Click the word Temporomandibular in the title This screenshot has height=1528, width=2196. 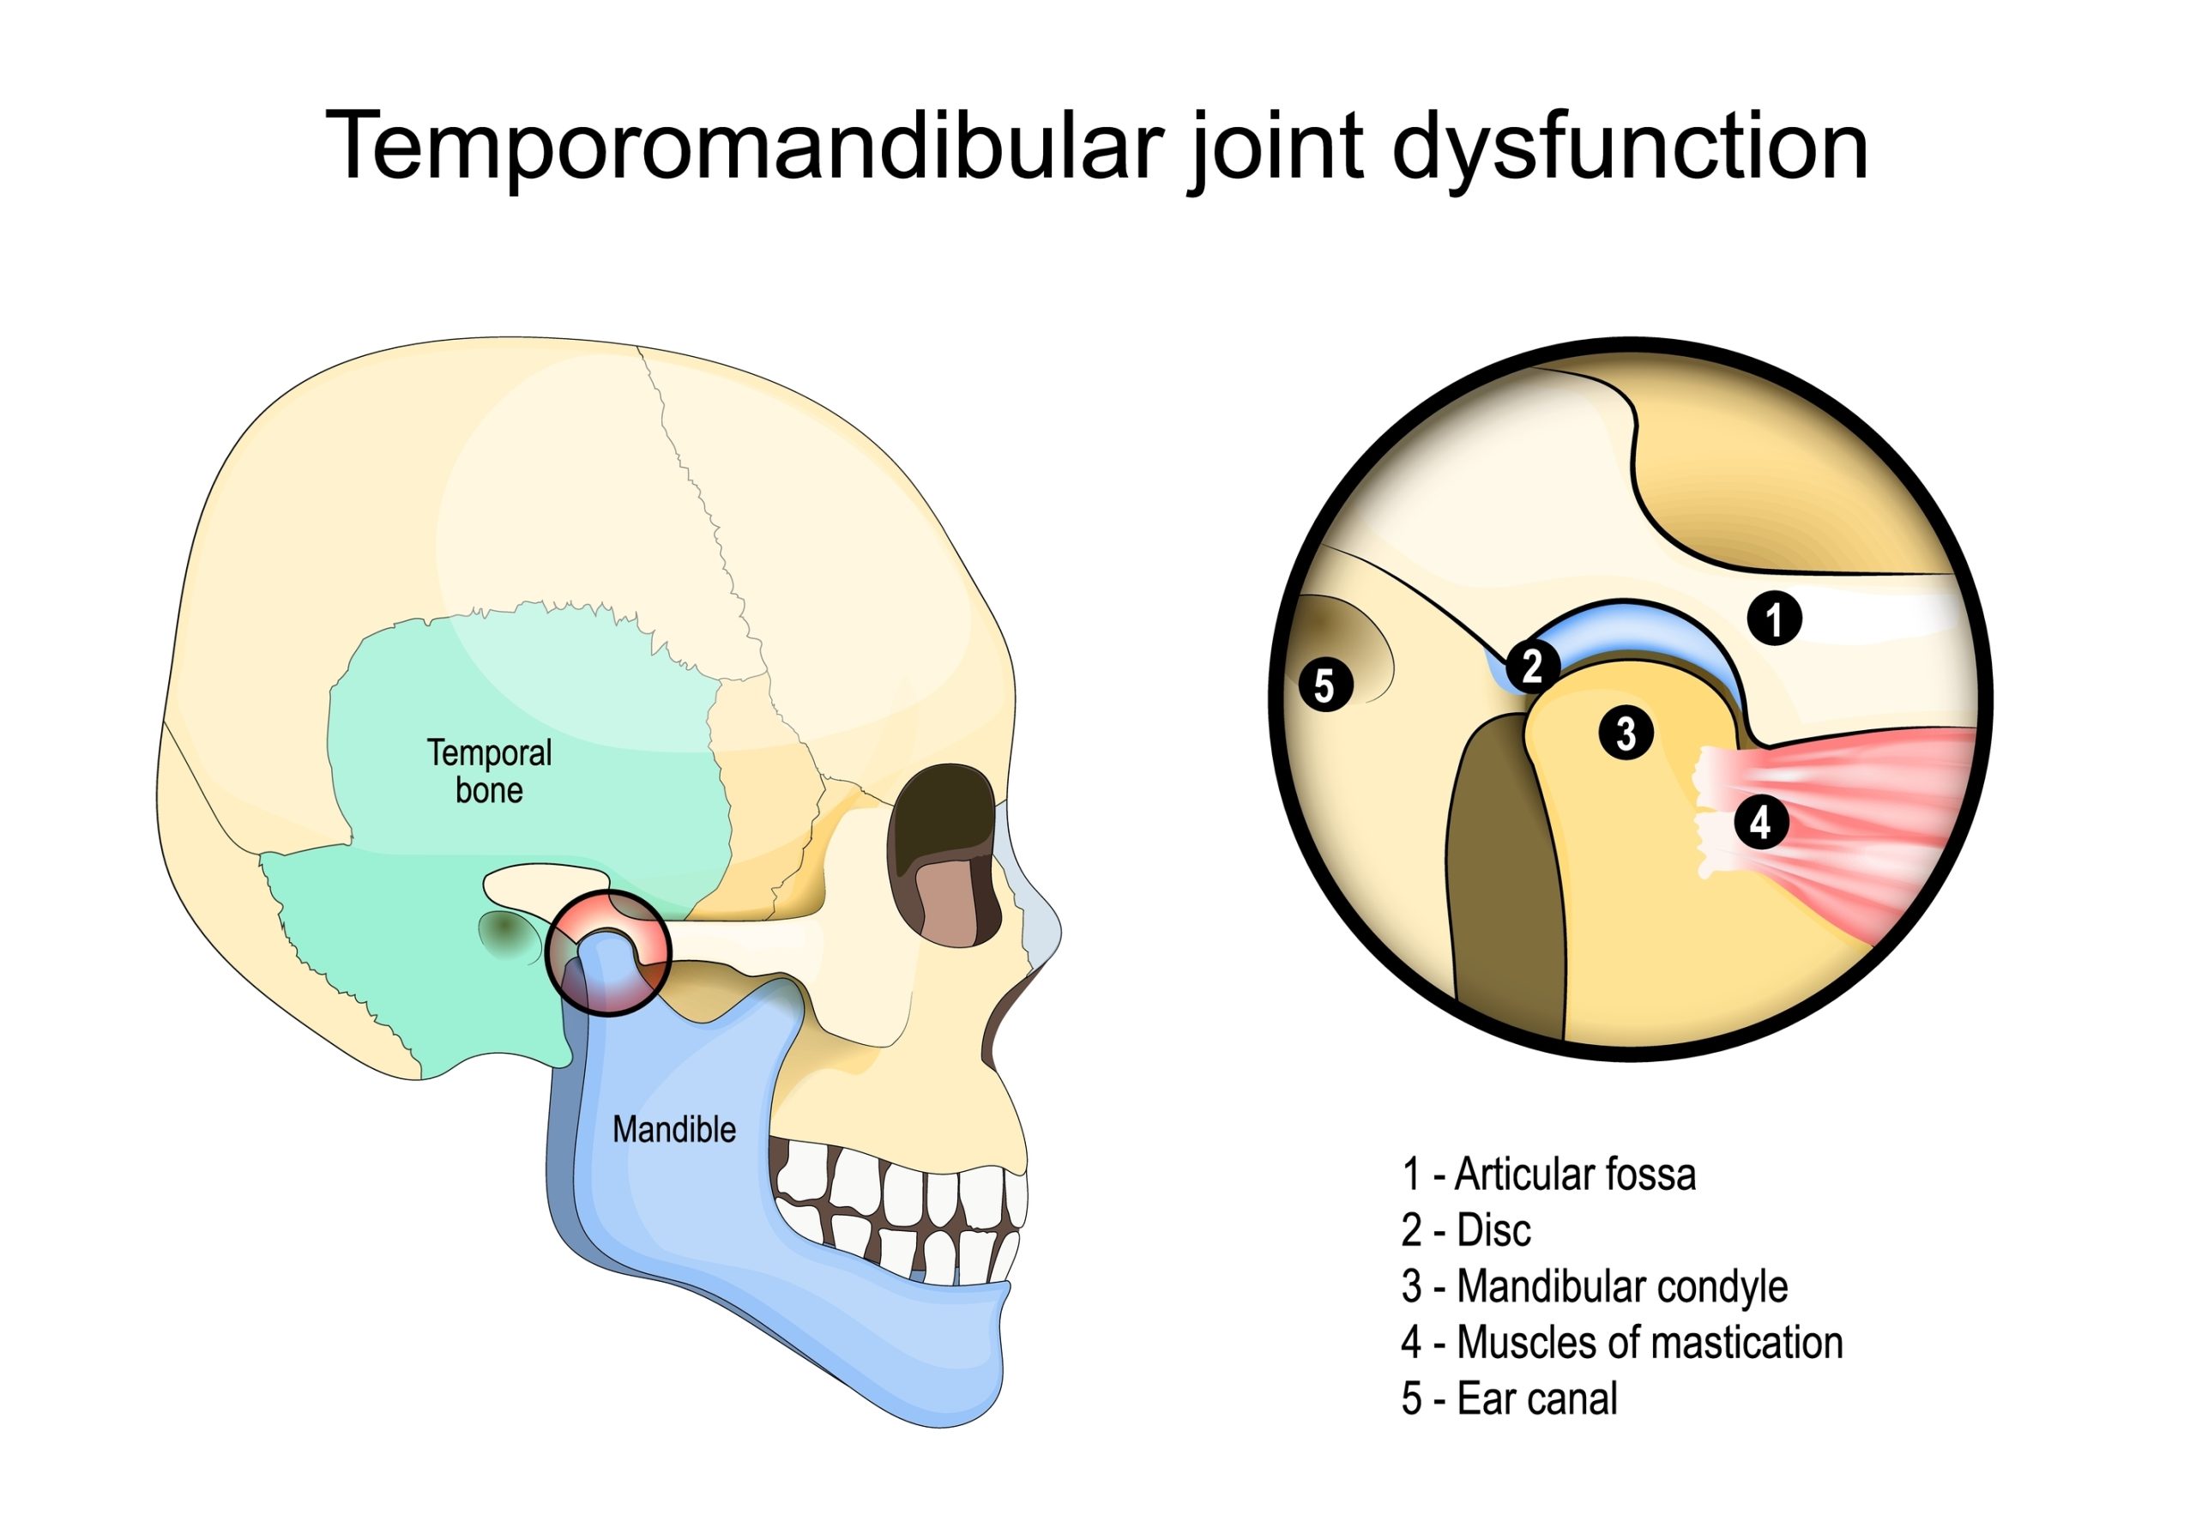coord(744,146)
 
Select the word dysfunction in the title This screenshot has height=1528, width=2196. coord(1629,146)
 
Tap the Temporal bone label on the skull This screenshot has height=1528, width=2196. coord(489,771)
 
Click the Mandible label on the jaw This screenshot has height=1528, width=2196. coord(673,1130)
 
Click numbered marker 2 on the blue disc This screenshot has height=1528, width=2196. coord(1532,667)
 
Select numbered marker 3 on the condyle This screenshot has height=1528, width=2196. coord(1626,734)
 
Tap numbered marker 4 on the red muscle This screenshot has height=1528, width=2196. coord(1761,822)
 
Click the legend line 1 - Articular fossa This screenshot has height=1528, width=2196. coord(1547,1175)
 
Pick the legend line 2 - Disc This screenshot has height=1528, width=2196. coord(1465,1230)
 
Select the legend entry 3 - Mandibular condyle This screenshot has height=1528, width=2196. coord(1594,1287)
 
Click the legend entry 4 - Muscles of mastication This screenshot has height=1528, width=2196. coord(1621,1344)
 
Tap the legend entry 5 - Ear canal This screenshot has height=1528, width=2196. coord(1508,1398)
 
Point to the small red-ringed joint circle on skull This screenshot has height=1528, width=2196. coord(608,952)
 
